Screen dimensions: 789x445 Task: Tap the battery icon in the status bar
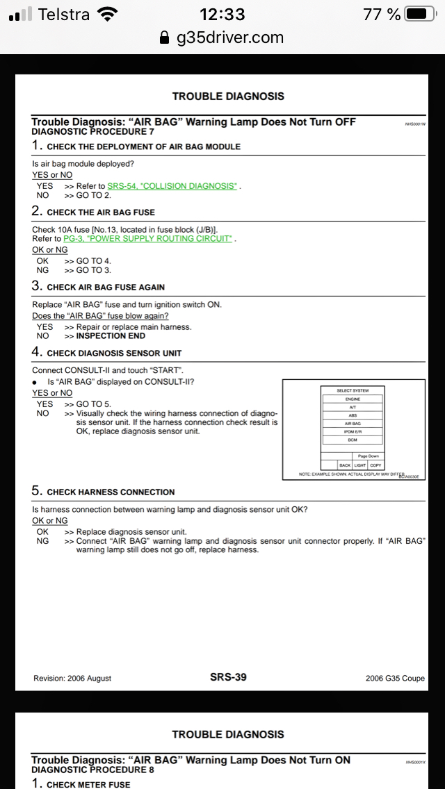(x=419, y=14)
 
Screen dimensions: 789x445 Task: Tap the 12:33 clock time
(x=222, y=14)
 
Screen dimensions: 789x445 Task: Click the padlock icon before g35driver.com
(x=164, y=38)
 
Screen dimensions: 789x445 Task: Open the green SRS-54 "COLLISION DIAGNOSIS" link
(x=172, y=186)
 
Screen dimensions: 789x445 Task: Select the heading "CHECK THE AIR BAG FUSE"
(x=101, y=212)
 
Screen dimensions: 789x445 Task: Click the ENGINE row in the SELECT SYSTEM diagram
(x=353, y=399)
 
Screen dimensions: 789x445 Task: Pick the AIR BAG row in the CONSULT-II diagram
(x=353, y=423)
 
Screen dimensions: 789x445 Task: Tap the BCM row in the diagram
(x=353, y=440)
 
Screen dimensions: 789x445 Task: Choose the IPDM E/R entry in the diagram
(x=353, y=431)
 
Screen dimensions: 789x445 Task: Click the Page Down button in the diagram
(x=369, y=456)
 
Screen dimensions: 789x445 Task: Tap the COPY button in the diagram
(x=375, y=465)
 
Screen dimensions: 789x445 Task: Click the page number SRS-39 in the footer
(x=228, y=676)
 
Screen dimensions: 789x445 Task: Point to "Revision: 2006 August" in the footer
(x=72, y=678)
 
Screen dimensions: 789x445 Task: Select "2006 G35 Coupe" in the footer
(x=395, y=678)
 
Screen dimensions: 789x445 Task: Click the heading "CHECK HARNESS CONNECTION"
(x=111, y=492)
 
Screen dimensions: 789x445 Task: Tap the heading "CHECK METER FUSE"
(x=88, y=784)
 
